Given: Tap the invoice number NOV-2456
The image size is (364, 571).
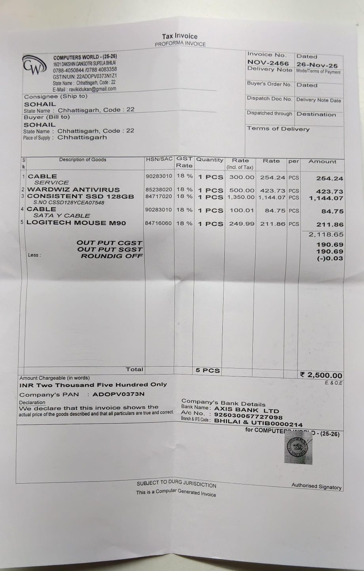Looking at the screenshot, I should pyautogui.click(x=268, y=62).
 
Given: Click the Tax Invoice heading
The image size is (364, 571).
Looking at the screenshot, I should pyautogui.click(x=180, y=36).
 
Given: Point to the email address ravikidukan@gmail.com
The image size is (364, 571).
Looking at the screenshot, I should pyautogui.click(x=92, y=89).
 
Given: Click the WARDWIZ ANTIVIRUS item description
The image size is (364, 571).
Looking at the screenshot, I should pyautogui.click(x=73, y=190).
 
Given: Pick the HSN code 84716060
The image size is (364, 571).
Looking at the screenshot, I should pyautogui.click(x=158, y=223).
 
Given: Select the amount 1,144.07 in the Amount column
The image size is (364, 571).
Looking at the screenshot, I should pyautogui.click(x=326, y=198).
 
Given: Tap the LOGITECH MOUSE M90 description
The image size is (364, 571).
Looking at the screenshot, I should pyautogui.click(x=76, y=223).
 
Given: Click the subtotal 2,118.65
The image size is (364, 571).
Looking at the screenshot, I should pyautogui.click(x=326, y=234).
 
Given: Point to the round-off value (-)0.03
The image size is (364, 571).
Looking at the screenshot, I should pyautogui.click(x=330, y=259).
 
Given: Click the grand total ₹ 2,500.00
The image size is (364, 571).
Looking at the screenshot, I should pyautogui.click(x=321, y=375).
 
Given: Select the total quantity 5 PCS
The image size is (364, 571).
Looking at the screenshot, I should pyautogui.click(x=208, y=371).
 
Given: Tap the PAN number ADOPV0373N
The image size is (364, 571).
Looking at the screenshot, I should pyautogui.click(x=118, y=394).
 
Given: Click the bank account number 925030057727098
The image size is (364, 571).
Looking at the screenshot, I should pyautogui.click(x=248, y=416).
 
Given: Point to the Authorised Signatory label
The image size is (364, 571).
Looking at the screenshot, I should pyautogui.click(x=316, y=486).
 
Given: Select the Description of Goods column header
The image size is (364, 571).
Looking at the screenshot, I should pyautogui.click(x=83, y=160).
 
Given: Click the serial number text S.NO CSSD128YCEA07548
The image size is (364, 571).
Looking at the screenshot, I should pyautogui.click(x=69, y=203).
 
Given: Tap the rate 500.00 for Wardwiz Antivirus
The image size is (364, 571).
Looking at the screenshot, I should pyautogui.click(x=242, y=190).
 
